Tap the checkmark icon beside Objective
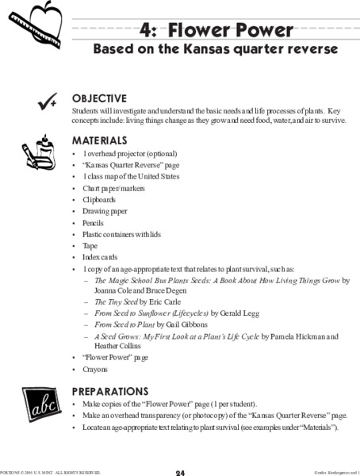(36, 101)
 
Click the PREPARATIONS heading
(109, 391)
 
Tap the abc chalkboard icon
(36, 407)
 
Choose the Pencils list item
(94, 224)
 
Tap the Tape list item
(90, 247)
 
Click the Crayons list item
(94, 369)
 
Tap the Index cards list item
(98, 258)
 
